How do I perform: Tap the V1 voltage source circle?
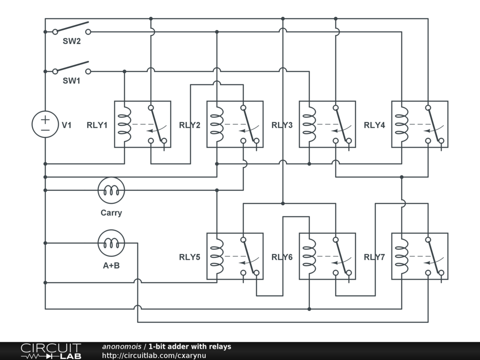(x=45, y=124)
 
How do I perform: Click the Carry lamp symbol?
(x=111, y=190)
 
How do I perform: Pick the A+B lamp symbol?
(x=111, y=243)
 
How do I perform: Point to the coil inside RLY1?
(x=125, y=124)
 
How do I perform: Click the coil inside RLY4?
(x=402, y=124)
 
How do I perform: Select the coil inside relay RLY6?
(x=309, y=256)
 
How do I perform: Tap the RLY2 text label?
(x=189, y=125)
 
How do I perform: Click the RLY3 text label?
(x=282, y=125)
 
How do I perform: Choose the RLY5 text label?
(x=189, y=257)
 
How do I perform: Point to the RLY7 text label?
(x=375, y=257)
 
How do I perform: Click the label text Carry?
(x=111, y=213)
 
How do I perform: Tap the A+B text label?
(x=111, y=265)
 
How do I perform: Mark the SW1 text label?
(x=72, y=81)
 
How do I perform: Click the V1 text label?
(x=67, y=125)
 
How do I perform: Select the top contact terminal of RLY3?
(x=336, y=108)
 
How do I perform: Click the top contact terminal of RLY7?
(x=428, y=240)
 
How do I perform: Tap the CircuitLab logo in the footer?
(x=51, y=351)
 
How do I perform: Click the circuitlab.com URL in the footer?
(x=154, y=355)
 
